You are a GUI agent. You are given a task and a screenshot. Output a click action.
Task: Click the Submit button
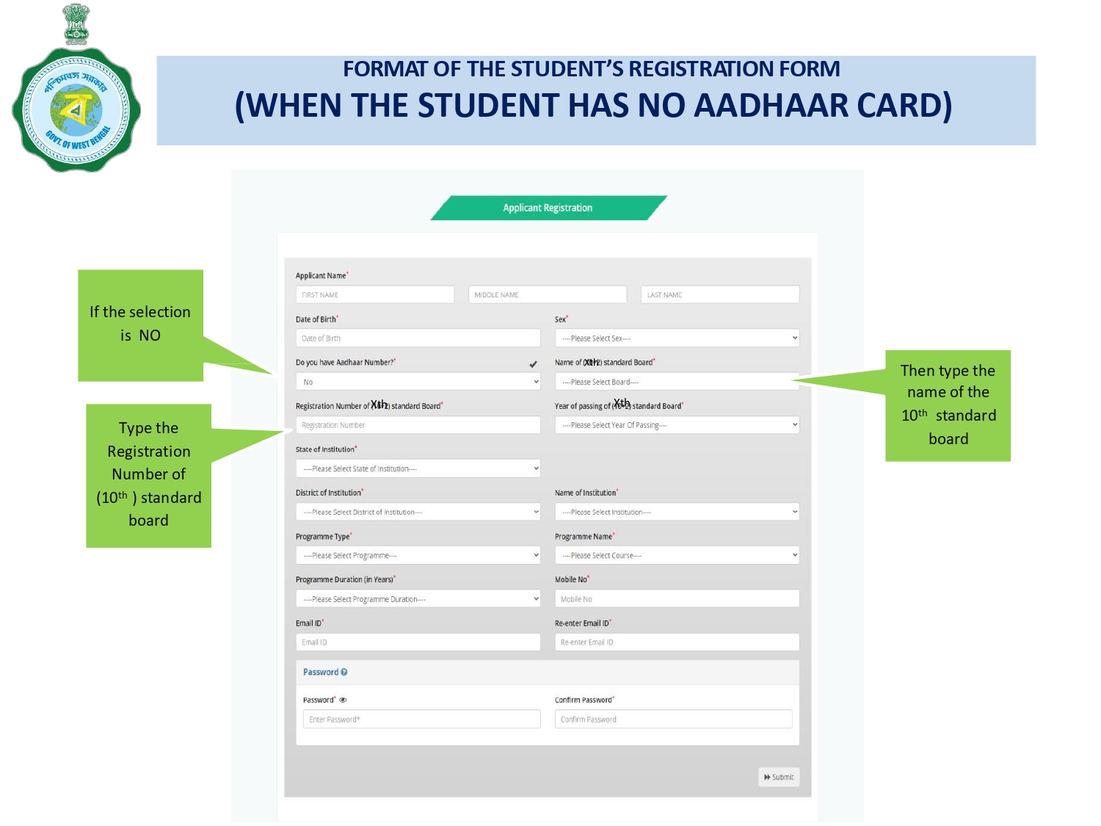pos(778,777)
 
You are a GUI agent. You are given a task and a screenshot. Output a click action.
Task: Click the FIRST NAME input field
pos(374,294)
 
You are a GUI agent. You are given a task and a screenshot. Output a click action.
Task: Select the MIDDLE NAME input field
pos(547,294)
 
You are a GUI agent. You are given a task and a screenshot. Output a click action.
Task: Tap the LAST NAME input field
pos(719,294)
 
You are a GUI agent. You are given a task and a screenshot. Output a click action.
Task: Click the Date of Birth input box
pos(418,338)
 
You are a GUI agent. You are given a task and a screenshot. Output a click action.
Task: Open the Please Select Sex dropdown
pos(677,338)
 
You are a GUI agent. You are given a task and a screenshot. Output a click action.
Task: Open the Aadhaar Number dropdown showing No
pos(418,382)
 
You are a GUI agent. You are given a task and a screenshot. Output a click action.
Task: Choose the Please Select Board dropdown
pos(677,382)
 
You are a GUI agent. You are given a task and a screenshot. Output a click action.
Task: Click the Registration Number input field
pos(418,425)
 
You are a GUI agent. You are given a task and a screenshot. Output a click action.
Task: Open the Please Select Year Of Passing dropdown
pos(677,425)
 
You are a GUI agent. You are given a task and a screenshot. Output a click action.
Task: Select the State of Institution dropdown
pos(418,468)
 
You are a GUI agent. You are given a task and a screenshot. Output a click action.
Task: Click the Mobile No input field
pos(677,599)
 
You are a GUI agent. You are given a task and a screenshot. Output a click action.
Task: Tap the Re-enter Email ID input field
pos(677,642)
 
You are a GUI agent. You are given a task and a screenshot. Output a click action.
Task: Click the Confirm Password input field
pos(673,720)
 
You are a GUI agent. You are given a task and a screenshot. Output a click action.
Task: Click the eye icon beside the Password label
pos(343,700)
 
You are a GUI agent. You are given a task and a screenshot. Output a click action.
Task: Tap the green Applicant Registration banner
pos(548,208)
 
